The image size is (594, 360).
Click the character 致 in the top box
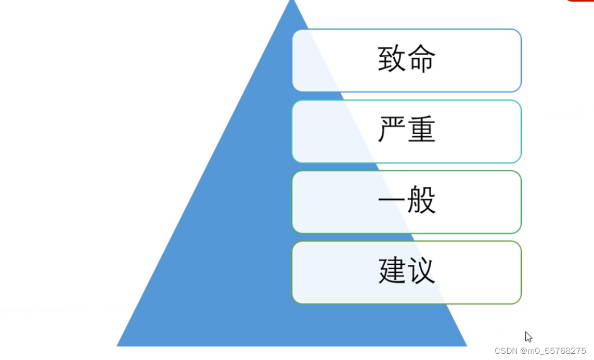tap(392, 59)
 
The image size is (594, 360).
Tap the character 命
tap(422, 59)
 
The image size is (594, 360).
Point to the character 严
tap(392, 130)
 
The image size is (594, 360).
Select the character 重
tap(422, 130)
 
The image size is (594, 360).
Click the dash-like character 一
tap(392, 201)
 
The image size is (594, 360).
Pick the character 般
tap(422, 201)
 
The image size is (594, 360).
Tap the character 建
tap(392, 271)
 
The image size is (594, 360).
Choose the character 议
tap(422, 271)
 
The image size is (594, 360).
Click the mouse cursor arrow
tap(528, 336)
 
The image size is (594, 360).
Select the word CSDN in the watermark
tap(505, 351)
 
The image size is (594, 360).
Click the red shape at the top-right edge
tap(580, 1)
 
